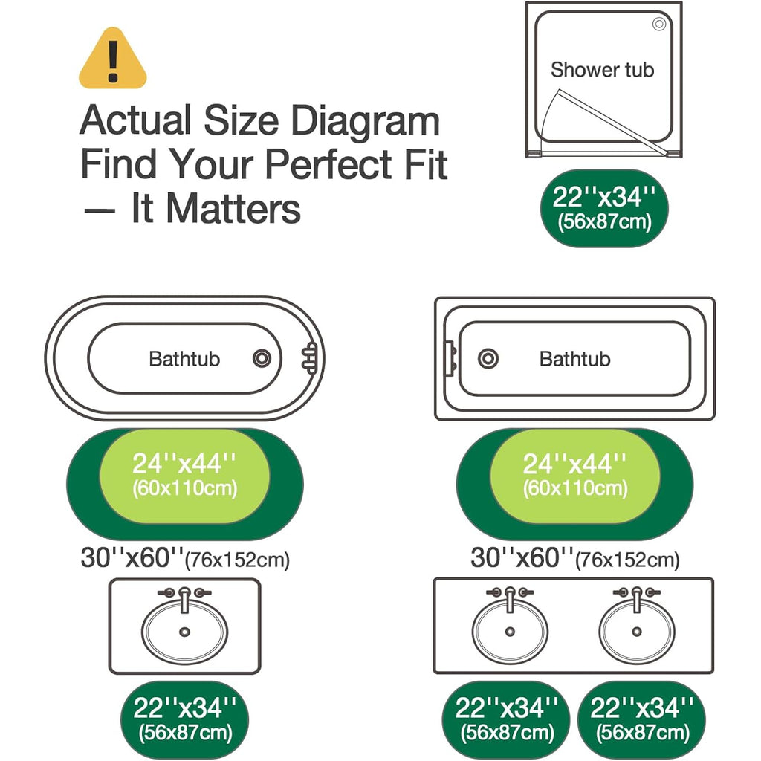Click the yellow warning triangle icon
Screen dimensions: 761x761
[x=113, y=59]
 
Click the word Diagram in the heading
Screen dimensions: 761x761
[x=366, y=121]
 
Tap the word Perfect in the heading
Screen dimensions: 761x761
[x=328, y=164]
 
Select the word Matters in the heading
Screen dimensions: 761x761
[x=233, y=209]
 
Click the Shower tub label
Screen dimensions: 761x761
[x=602, y=70]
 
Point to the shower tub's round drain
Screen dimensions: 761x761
[x=659, y=24]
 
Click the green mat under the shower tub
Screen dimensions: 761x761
[x=604, y=208]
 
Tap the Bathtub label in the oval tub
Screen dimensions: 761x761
[x=184, y=359]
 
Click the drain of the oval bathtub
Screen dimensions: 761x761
[x=262, y=359]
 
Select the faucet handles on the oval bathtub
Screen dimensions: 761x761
[x=310, y=358]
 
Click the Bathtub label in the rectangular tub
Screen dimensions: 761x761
[x=574, y=359]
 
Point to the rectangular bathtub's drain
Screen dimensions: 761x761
[x=488, y=359]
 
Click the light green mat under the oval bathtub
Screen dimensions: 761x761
[x=184, y=476]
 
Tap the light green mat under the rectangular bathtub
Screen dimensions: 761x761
[x=575, y=476]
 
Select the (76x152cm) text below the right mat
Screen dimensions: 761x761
[x=627, y=560]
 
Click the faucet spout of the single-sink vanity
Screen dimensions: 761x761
[x=184, y=600]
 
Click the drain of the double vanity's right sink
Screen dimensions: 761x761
[x=637, y=632]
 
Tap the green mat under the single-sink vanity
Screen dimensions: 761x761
[x=184, y=719]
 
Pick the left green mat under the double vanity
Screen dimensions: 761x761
[x=506, y=719]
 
